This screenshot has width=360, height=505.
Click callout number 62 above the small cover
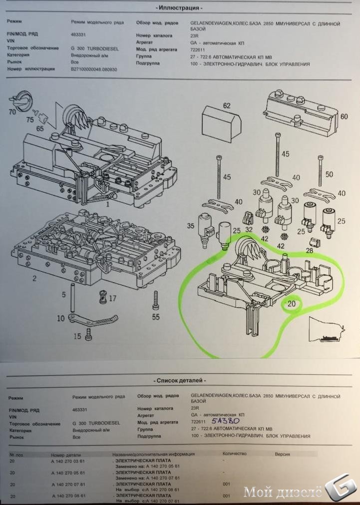(226, 105)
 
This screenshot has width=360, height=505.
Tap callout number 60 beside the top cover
(344, 116)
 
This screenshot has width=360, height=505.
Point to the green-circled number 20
(292, 303)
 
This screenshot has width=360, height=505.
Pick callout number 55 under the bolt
(156, 317)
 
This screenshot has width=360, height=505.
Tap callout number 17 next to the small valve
(112, 298)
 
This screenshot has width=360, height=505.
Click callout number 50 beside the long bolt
(329, 174)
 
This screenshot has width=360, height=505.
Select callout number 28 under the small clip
(309, 250)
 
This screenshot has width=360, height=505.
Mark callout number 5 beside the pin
(63, 295)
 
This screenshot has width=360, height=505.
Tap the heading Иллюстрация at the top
(180, 8)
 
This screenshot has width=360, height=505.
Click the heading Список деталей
(180, 380)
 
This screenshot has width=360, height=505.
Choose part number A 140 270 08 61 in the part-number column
(68, 496)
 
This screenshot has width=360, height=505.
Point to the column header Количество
(234, 454)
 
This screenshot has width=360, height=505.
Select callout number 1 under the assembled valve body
(107, 204)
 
